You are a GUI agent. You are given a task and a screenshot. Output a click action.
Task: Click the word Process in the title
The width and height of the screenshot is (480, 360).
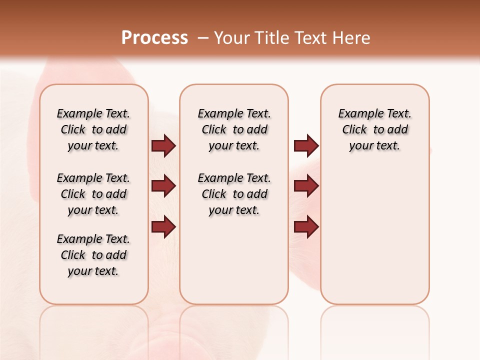pyautogui.click(x=154, y=38)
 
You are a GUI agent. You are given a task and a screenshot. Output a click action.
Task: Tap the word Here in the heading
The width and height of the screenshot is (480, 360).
pyautogui.click(x=352, y=38)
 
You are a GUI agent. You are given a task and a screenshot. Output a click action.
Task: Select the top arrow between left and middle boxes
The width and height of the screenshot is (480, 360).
pyautogui.click(x=163, y=146)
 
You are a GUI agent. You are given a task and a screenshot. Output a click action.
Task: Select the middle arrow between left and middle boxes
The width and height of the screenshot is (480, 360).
pyautogui.click(x=163, y=186)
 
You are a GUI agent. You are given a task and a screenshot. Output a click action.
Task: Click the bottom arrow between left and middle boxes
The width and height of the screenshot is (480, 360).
pyautogui.click(x=163, y=226)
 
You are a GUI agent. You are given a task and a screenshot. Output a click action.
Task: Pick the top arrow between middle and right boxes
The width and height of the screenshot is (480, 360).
pyautogui.click(x=306, y=146)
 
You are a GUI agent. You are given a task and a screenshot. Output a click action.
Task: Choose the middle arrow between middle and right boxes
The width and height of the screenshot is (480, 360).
pyautogui.click(x=306, y=186)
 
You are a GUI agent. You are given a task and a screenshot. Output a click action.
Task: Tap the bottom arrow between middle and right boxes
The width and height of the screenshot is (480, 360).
pyautogui.click(x=306, y=226)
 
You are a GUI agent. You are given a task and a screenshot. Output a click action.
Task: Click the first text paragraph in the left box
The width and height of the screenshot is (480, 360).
pyautogui.click(x=93, y=129)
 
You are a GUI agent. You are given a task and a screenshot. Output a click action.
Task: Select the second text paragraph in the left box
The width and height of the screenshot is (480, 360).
pyautogui.click(x=93, y=194)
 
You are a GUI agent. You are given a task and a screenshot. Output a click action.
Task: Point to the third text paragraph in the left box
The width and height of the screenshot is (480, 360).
pyautogui.click(x=93, y=255)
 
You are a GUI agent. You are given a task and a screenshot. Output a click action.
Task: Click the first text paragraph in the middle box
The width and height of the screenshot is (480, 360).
pyautogui.click(x=234, y=129)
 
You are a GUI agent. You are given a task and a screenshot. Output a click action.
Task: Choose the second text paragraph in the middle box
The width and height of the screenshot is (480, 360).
pyautogui.click(x=234, y=194)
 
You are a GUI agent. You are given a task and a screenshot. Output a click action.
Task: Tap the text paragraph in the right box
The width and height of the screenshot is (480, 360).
pyautogui.click(x=374, y=129)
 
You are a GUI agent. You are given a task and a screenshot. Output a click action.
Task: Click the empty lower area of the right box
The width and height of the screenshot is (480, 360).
pyautogui.click(x=374, y=240)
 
